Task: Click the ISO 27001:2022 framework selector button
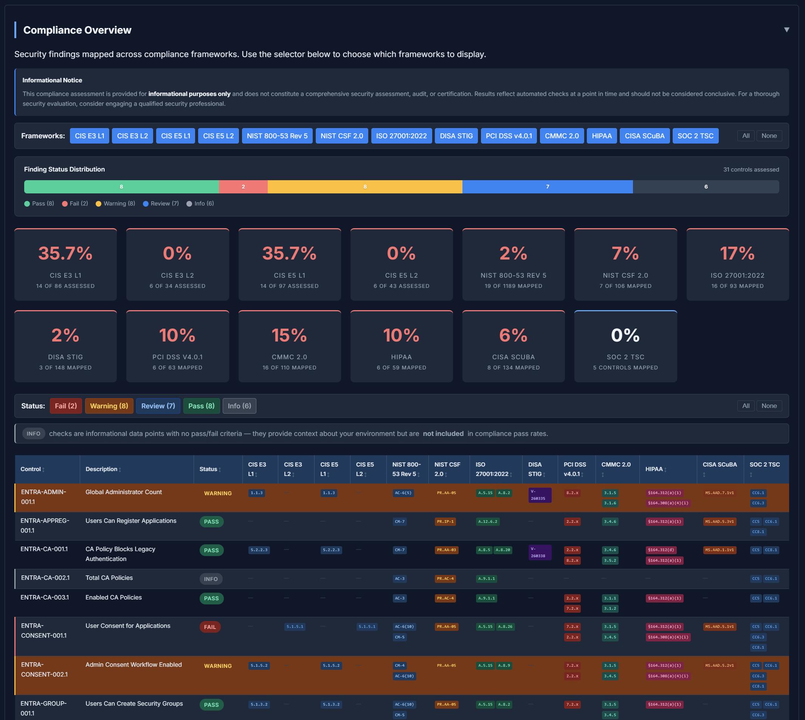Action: point(401,136)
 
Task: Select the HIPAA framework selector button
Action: point(601,136)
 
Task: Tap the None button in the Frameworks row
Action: point(769,136)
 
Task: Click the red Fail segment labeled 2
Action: point(243,187)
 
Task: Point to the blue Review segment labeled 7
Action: point(547,187)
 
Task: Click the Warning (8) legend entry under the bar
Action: point(115,203)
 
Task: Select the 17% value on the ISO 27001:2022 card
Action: point(737,253)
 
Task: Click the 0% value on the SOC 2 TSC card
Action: point(625,335)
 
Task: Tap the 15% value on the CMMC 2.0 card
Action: point(289,335)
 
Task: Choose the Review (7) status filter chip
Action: point(158,406)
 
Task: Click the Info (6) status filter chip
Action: point(239,406)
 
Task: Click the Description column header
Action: point(101,469)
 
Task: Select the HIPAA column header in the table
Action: point(654,469)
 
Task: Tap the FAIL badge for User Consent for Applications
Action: point(210,627)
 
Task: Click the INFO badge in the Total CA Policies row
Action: point(211,579)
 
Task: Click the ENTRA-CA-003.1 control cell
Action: point(45,597)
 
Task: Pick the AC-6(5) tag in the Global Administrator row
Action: point(403,493)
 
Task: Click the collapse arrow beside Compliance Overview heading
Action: point(786,30)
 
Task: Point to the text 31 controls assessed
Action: point(751,169)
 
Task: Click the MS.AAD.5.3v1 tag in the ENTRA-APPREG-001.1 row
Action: point(719,521)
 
